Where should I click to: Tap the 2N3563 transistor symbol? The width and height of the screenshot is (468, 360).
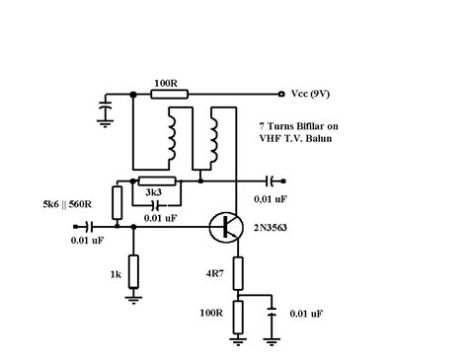pos(228,226)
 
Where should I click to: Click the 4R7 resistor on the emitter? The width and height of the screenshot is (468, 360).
pos(237,274)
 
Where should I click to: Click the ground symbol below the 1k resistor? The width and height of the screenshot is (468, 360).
pos(133,297)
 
